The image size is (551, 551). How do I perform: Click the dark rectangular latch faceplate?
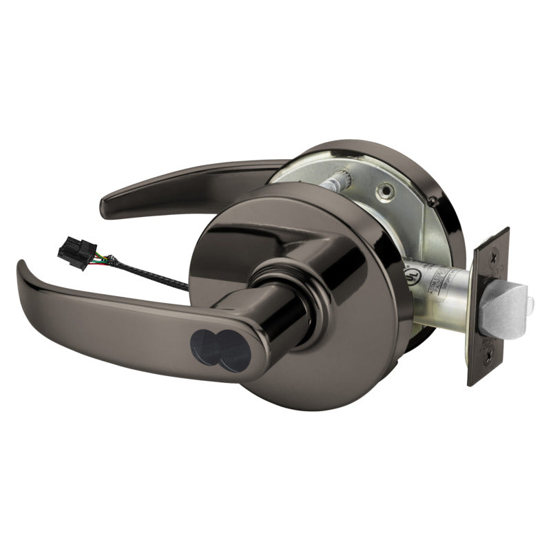coord(490,306)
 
